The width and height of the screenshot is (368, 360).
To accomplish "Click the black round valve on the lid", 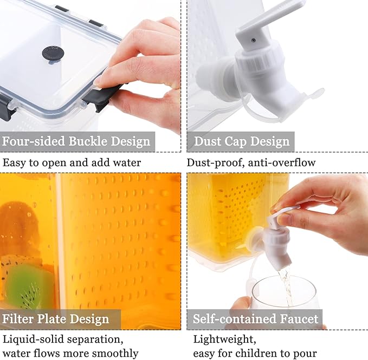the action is [53, 54].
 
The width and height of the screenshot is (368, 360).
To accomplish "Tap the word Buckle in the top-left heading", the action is [88, 141].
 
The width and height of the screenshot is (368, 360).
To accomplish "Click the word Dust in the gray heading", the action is [207, 141].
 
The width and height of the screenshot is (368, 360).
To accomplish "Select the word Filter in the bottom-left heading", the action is [18, 319].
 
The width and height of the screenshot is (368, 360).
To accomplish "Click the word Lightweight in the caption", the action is [224, 339].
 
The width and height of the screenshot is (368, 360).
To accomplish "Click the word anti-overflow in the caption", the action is [282, 162].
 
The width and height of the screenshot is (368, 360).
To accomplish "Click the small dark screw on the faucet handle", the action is [254, 40].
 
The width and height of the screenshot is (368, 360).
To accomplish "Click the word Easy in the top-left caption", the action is [14, 162].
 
